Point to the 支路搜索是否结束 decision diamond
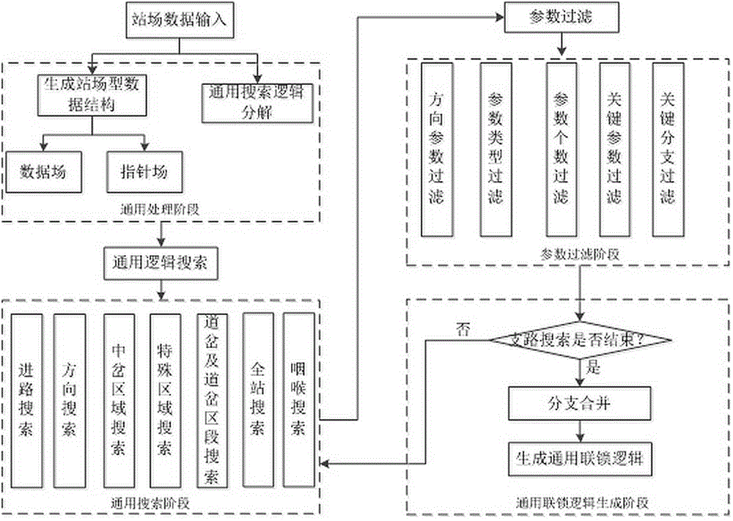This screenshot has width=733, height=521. point(580,339)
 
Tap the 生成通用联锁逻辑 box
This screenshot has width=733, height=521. point(580,458)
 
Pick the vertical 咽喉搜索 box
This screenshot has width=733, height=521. point(298,401)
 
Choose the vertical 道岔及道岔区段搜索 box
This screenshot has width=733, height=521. point(212,401)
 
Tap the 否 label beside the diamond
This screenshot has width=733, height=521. point(463,330)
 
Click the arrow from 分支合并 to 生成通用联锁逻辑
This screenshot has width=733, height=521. point(580,430)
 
